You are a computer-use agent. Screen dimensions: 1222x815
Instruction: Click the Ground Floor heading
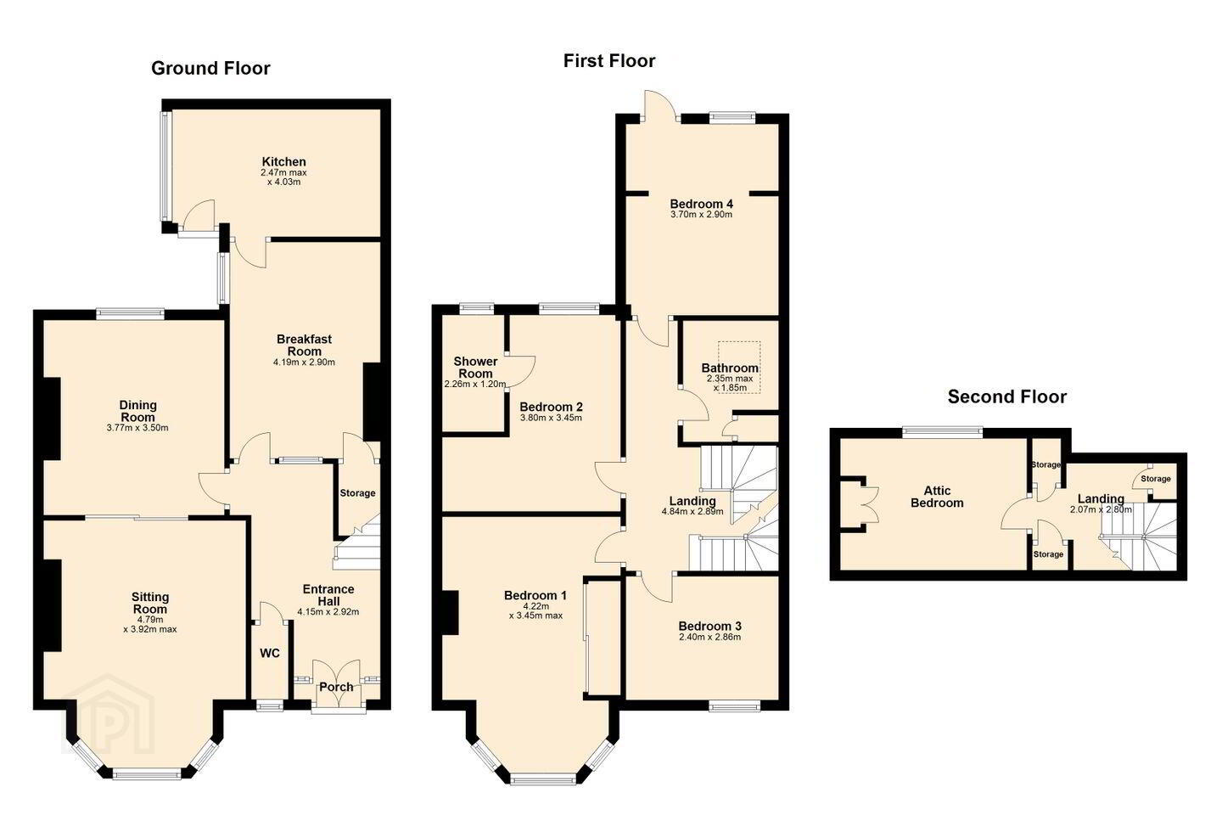coord(210,68)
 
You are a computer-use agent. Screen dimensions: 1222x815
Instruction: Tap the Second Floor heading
coord(1007,396)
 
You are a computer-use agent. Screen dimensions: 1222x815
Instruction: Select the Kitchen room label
coord(283,161)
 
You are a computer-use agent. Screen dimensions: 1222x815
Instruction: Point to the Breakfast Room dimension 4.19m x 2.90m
coord(304,362)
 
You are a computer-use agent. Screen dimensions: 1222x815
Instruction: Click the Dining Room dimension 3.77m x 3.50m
coord(137,428)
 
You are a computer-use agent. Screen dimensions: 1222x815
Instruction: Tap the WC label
coord(270,654)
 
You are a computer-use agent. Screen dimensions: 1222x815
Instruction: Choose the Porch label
coord(336,687)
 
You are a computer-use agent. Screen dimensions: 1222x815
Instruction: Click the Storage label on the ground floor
coord(357,493)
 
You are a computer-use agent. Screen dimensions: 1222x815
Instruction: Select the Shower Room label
coord(475,368)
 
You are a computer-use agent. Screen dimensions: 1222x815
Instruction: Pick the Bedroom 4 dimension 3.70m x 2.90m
coord(702,215)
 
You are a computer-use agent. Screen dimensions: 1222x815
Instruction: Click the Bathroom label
coord(730,368)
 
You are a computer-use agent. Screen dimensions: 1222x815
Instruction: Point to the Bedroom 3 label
coord(709,627)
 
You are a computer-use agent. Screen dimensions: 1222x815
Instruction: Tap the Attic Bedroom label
coord(937,497)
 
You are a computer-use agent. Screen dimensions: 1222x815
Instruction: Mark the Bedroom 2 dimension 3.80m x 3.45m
coord(551,419)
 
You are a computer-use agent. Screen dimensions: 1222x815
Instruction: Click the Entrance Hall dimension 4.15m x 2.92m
coord(328,612)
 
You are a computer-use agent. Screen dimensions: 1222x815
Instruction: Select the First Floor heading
coord(608,60)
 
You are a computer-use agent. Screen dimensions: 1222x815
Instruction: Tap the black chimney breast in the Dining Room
coord(52,419)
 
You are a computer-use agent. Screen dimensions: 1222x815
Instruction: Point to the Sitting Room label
coord(150,604)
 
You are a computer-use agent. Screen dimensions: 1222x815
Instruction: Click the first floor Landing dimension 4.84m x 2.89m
coord(692,511)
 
